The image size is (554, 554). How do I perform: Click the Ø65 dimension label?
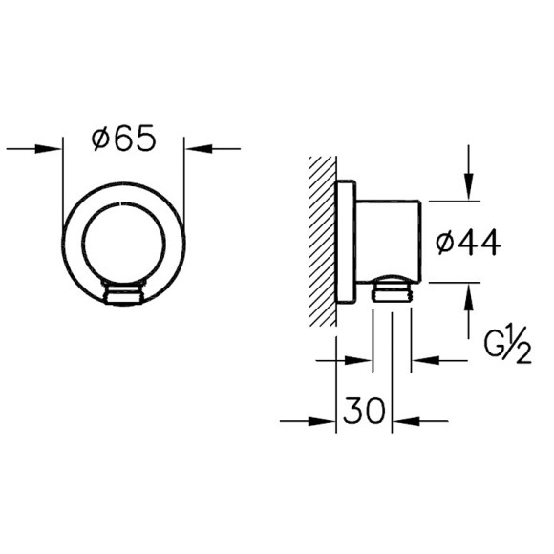[124, 139]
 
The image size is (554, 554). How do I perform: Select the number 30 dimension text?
[364, 413]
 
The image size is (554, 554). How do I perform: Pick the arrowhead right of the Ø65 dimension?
[197, 148]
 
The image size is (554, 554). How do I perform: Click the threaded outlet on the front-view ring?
[124, 294]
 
